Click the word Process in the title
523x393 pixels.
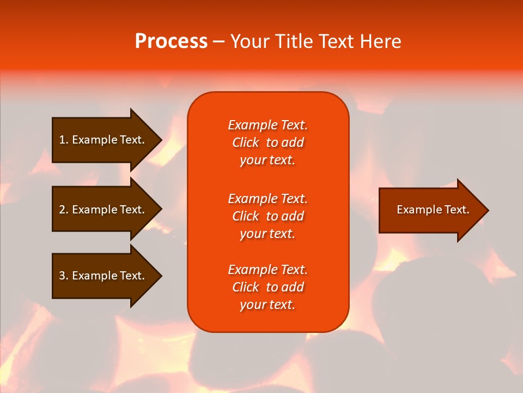(171, 41)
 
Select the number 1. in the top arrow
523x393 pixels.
(64, 140)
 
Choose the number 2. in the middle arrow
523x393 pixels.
(64, 210)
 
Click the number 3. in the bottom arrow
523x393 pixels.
(64, 276)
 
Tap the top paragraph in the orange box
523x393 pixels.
(267, 142)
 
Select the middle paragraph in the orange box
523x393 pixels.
(267, 216)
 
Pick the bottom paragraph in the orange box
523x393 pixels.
(267, 287)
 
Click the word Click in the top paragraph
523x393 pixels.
(245, 142)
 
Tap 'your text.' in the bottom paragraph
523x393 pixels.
(267, 305)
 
